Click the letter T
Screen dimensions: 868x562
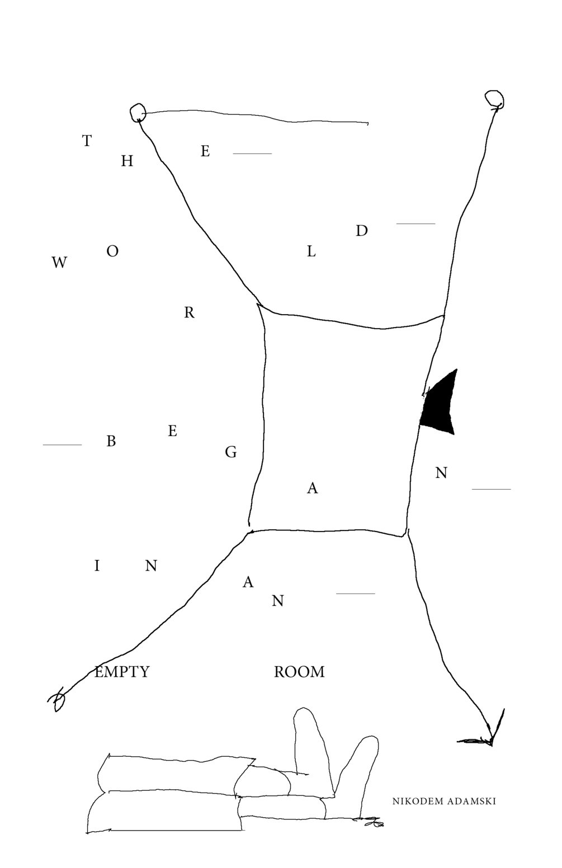click(x=87, y=141)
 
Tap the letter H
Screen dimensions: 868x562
click(x=127, y=162)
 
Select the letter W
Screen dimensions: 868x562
click(x=59, y=263)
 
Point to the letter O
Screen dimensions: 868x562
click(x=112, y=252)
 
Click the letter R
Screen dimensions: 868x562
click(x=189, y=313)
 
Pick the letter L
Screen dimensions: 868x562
click(x=311, y=252)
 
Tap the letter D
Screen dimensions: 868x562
click(x=362, y=231)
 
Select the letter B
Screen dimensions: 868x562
click(x=111, y=442)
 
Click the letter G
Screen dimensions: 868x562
click(x=230, y=452)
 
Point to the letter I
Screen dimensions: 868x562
click(x=97, y=566)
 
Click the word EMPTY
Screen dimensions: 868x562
click(x=122, y=672)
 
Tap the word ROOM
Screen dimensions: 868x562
click(x=299, y=672)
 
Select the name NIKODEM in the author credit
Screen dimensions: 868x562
click(x=418, y=801)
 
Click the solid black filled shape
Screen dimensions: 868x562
click(x=441, y=405)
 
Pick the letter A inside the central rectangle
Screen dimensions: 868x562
click(x=313, y=488)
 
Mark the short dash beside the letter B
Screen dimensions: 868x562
click(x=62, y=445)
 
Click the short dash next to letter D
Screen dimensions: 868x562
click(x=415, y=224)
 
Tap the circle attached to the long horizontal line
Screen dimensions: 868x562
click(x=138, y=112)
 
